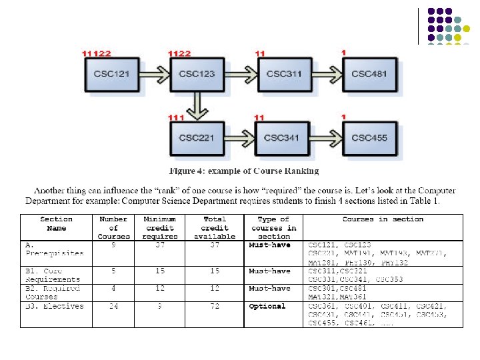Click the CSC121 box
click(x=112, y=74)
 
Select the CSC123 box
click(x=197, y=74)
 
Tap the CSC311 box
click(x=283, y=74)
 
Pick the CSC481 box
click(x=369, y=74)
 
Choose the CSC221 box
click(x=197, y=138)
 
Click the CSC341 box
click(x=282, y=138)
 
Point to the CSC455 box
click(x=369, y=138)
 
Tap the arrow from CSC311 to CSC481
click(x=326, y=74)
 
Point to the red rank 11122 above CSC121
click(x=96, y=53)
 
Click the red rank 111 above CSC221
click(x=176, y=117)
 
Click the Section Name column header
click(x=57, y=223)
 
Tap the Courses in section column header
click(x=383, y=219)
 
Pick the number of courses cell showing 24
click(x=113, y=307)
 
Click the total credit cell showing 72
click(x=214, y=307)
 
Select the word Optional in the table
click(x=267, y=307)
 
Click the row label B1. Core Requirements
click(x=53, y=275)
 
